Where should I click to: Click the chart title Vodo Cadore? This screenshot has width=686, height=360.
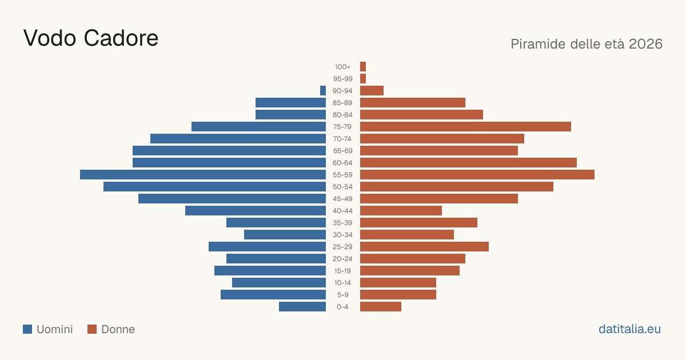coord(91,38)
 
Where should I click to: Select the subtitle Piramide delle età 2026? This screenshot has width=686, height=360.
coord(587,44)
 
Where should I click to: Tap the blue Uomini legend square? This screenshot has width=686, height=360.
coord(27,329)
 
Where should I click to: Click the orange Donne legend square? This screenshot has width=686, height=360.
coord(92,329)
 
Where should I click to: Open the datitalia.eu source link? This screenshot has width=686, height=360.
coord(629,329)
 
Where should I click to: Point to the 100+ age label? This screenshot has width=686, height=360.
coord(342,67)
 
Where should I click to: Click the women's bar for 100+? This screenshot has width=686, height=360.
coord(363,66)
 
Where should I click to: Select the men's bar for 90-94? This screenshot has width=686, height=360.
coord(323,91)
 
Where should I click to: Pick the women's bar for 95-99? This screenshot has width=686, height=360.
coord(363,79)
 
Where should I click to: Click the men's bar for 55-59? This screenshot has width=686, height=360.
coord(203,174)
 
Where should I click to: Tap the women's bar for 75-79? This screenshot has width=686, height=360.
coord(465,126)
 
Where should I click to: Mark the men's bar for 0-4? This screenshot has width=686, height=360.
coord(302,306)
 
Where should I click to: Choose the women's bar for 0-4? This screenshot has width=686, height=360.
coord(381,306)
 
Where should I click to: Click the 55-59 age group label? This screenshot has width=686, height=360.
coord(342,175)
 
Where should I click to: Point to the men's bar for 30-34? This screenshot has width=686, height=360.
coord(285,234)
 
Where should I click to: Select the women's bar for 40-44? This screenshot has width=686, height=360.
coord(401,211)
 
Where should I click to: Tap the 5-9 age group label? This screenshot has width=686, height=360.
coord(342,295)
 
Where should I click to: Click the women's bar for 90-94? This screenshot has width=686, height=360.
coord(372,91)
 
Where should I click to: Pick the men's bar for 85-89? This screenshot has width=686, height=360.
coord(290,102)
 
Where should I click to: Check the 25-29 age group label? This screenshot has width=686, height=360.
coord(342,247)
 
